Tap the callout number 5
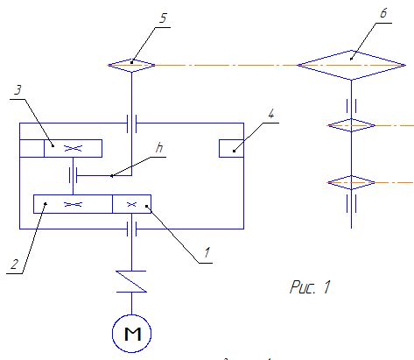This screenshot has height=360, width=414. (163, 18)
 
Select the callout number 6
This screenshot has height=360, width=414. (383, 13)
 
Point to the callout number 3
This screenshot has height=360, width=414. (18, 89)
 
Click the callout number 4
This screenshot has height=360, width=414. (271, 114)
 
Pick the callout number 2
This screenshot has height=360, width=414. (14, 265)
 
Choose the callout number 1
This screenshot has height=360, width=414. (207, 252)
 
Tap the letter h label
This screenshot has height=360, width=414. (159, 148)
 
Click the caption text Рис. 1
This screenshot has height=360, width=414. (310, 286)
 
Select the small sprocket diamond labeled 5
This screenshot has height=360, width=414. (131, 65)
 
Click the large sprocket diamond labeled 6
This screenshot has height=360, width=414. (351, 65)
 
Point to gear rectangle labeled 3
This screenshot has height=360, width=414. (73, 148)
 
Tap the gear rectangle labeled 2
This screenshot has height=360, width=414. (73, 204)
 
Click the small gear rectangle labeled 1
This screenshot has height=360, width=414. (131, 204)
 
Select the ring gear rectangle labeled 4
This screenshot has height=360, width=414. (231, 148)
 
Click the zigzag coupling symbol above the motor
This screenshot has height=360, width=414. (131, 281)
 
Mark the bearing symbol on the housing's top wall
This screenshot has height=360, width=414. (131, 124)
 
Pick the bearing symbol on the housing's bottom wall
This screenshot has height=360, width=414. (131, 229)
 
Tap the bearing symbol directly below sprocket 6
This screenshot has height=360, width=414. (351, 106)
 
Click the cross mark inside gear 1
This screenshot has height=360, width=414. (132, 204)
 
